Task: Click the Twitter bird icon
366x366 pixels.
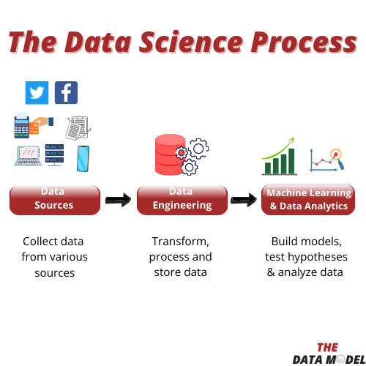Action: [37, 93]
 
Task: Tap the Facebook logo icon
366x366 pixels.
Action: [66, 93]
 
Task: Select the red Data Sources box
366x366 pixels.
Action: [54, 199]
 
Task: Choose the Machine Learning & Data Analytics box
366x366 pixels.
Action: [308, 199]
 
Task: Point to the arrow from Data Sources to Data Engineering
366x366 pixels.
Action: [117, 199]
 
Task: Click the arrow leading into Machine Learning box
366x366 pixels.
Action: [244, 199]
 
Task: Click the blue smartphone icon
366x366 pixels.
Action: [83, 158]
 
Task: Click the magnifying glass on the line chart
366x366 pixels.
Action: [336, 154]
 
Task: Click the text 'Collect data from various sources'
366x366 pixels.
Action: [53, 257]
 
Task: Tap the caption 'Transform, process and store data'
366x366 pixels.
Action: [181, 257]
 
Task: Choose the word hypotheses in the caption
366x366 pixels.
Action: [315, 257]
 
